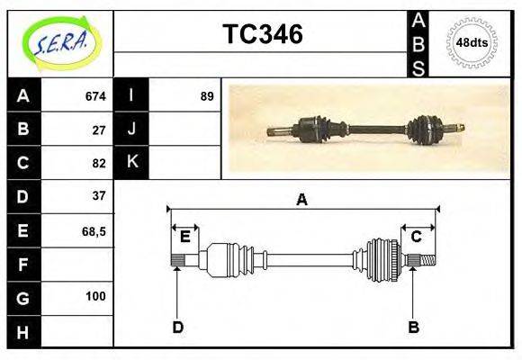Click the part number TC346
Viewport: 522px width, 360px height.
pos(262,34)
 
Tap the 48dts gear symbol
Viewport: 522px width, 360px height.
pos(472,42)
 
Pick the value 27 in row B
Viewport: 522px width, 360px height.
pos(99,130)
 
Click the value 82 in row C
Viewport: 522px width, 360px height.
pos(99,164)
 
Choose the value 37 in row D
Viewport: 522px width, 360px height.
pos(99,195)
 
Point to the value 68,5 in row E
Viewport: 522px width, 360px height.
pos(94,231)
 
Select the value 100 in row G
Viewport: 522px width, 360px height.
pos(95,296)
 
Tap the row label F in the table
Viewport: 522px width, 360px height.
pos(23,265)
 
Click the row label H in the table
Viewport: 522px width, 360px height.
pos(23,332)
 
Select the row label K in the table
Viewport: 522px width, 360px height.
pos(132,163)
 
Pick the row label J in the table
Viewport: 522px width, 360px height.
pos(132,130)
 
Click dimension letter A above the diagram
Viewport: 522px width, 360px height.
pos(302,200)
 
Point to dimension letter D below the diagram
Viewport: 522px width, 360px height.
pos(177,327)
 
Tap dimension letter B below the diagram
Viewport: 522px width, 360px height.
pos(413,327)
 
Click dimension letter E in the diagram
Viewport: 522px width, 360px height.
pos(184,237)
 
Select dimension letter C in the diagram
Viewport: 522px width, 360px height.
pos(417,237)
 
